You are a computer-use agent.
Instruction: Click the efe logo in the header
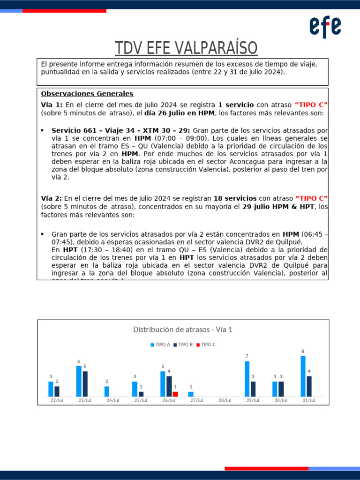coord(325,27)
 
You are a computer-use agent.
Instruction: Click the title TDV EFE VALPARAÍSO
coord(187,48)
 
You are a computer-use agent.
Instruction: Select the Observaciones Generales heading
coord(87,94)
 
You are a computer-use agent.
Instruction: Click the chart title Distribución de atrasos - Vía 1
coord(183,330)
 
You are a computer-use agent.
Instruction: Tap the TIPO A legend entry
coord(160,345)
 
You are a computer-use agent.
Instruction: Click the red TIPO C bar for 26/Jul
coord(175,394)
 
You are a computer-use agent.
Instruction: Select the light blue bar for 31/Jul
coord(303,376)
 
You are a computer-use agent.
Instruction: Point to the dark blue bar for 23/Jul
coord(85,384)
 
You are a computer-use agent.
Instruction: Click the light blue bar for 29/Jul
coord(247,379)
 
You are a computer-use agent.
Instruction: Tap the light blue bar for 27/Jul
coord(191,394)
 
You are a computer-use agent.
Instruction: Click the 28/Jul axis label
coord(225,401)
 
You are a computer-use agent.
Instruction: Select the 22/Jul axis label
coord(57,401)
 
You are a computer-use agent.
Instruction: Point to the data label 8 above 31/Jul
coord(303,351)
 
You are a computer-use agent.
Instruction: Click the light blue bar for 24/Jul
coord(107,391)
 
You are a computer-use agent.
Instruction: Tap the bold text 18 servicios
coord(235,199)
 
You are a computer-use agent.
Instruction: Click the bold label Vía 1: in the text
coord(52,105)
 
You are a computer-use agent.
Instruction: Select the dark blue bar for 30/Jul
coord(281,389)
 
